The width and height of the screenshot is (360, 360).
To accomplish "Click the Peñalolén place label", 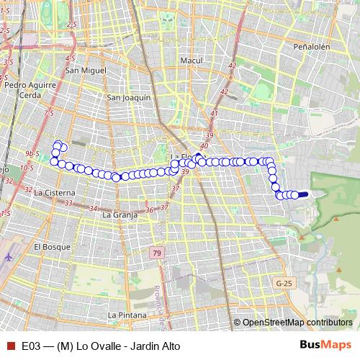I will pyautogui.click(x=311, y=46).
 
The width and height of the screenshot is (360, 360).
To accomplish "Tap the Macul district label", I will pyautogui.click(x=192, y=61).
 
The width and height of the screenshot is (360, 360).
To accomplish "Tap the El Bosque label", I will pyautogui.click(x=50, y=246).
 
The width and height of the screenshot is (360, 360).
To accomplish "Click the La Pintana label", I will pyautogui.click(x=127, y=315).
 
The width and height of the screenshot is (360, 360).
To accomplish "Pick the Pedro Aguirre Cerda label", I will pyautogui.click(x=22, y=89).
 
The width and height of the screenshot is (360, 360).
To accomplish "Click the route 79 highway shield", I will pyautogui.click(x=157, y=253).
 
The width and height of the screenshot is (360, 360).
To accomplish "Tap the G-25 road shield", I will pyautogui.click(x=283, y=284).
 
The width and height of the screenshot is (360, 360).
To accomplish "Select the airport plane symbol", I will pyautogui.click(x=8, y=257).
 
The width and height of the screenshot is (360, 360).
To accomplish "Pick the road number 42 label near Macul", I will pyautogui.click(x=232, y=66).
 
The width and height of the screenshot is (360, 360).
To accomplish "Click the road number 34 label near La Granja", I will pyautogui.click(x=93, y=208).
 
